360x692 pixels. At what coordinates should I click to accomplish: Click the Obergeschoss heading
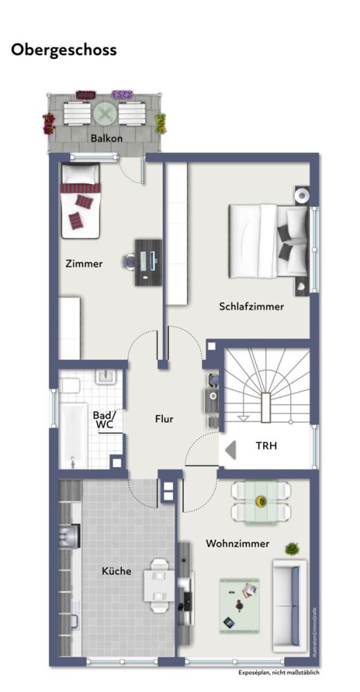64,51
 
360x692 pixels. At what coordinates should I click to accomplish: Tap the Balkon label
107,138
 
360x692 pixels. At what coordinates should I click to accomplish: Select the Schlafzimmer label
251,307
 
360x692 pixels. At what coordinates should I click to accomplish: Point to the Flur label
164,419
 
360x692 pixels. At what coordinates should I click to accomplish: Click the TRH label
266,446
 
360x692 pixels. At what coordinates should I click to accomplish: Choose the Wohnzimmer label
237,544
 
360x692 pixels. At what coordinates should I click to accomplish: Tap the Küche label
116,572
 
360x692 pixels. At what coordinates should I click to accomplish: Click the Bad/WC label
103,420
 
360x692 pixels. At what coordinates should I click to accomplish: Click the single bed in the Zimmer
80,200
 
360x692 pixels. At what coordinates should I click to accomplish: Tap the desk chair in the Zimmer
129,261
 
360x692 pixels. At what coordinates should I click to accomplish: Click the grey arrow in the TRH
231,448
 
